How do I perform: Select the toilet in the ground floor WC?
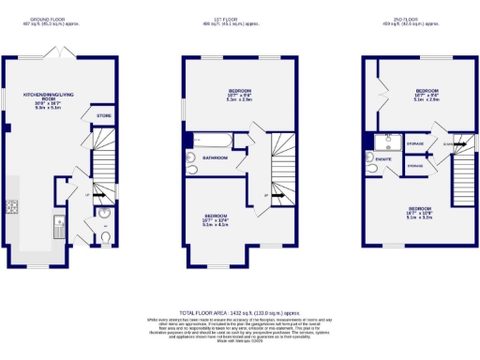click(x=105, y=238)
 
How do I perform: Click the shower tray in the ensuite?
click(x=384, y=142)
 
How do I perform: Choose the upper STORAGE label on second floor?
click(x=415, y=143)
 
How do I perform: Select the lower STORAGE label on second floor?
click(x=415, y=166)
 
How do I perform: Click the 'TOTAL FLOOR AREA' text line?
click(x=240, y=311)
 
